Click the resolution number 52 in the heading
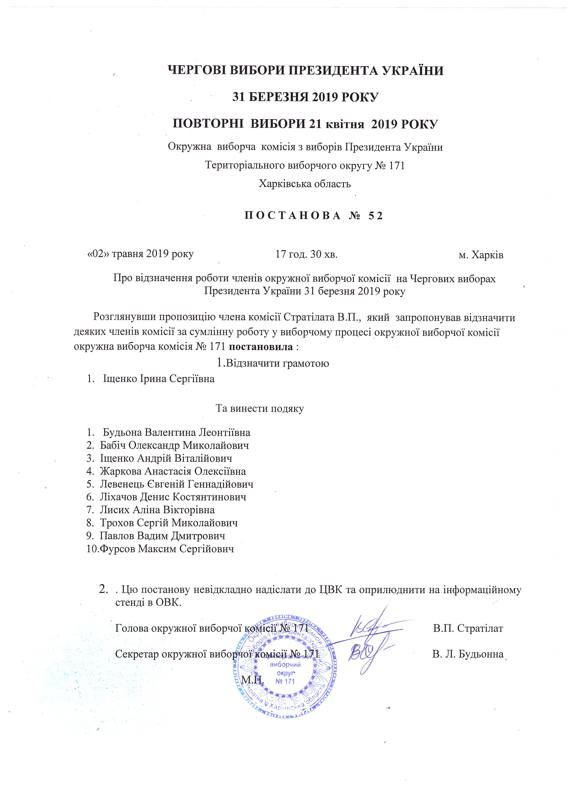(376, 216)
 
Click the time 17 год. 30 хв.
(306, 254)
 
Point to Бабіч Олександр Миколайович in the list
(174, 445)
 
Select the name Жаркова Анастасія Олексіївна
(173, 471)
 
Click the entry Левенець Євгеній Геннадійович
(177, 484)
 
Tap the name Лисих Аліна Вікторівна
(157, 510)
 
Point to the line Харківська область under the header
(305, 183)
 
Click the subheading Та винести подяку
(260, 409)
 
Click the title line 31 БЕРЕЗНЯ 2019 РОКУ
(305, 97)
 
